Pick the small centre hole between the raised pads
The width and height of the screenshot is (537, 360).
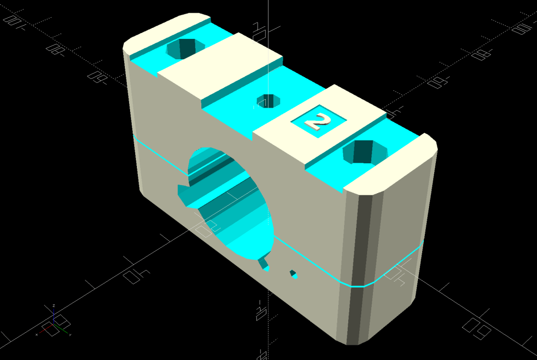[x=268, y=100]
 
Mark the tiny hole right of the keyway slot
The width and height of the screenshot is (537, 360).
[x=294, y=274]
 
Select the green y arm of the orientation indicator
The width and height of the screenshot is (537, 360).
[x=61, y=329]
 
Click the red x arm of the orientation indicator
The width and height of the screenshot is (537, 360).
[x=46, y=329]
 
